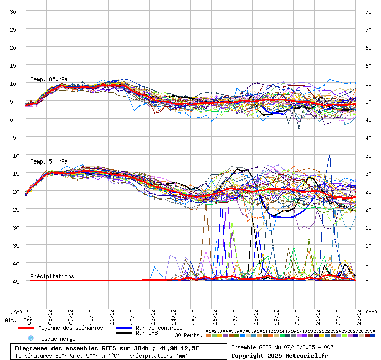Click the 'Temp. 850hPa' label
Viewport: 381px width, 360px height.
[49, 79]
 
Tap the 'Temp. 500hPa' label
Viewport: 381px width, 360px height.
[49, 161]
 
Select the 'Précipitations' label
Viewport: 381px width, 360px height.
[52, 276]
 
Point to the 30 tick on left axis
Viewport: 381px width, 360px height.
[13, 11]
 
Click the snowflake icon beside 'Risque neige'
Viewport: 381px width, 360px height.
[30, 338]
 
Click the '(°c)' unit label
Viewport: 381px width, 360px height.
[16, 312]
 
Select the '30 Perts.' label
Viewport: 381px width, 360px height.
[188, 335]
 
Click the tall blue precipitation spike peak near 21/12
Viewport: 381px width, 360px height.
[330, 153]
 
